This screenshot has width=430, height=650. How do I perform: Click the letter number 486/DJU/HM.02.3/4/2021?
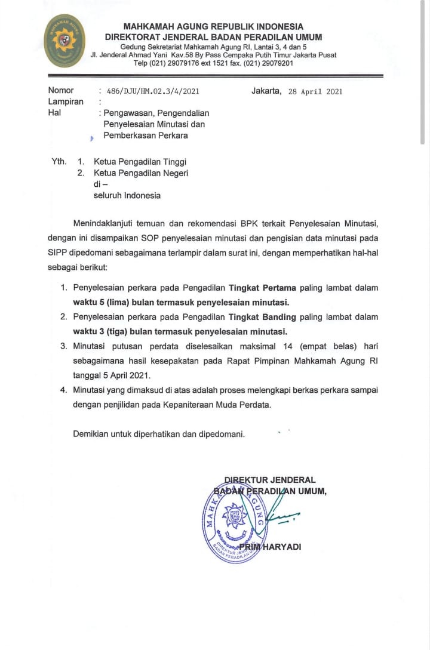click(x=151, y=91)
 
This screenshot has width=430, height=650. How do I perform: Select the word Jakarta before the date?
click(x=266, y=91)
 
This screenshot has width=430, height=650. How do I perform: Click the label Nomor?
click(x=61, y=91)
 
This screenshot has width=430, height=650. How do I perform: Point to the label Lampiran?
click(x=66, y=101)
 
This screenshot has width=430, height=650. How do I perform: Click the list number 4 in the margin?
click(x=63, y=390)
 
